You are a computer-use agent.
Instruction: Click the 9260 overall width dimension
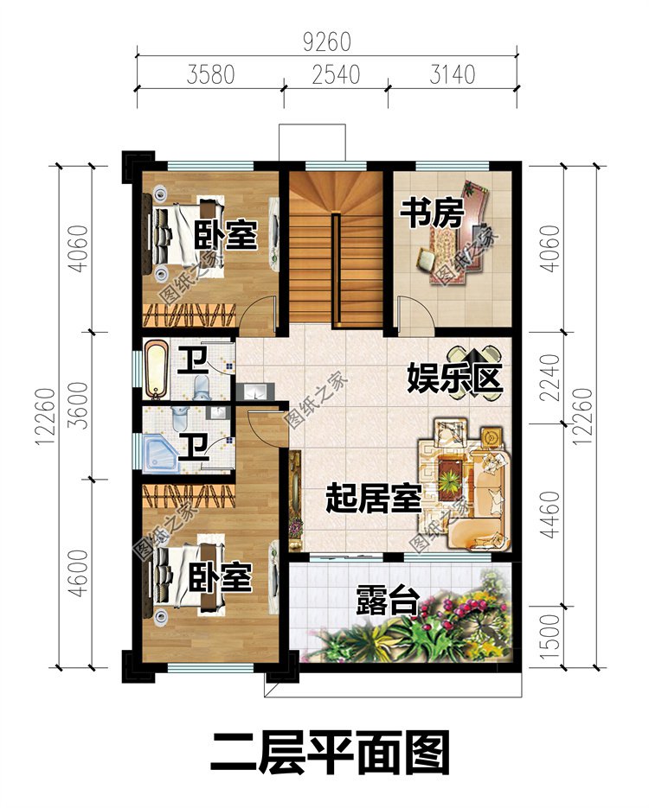point(327,41)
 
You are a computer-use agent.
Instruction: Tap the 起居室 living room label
point(373,498)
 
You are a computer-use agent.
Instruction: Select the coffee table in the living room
point(451,474)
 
